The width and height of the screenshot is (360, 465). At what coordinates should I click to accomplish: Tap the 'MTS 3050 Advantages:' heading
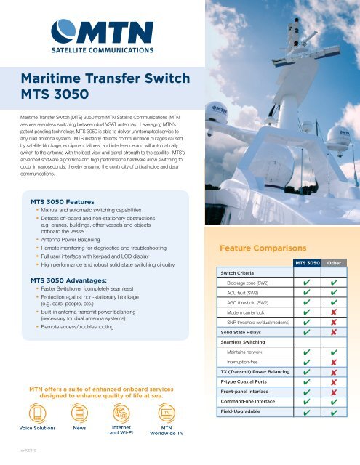pyautogui.click(x=69, y=279)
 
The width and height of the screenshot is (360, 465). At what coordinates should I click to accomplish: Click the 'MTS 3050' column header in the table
pyautogui.click(x=306, y=262)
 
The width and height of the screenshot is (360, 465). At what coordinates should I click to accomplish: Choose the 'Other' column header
pyautogui.click(x=335, y=262)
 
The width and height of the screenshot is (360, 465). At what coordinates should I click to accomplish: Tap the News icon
pyautogui.click(x=81, y=415)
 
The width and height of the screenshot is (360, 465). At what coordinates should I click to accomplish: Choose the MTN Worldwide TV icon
pyautogui.click(x=167, y=414)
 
